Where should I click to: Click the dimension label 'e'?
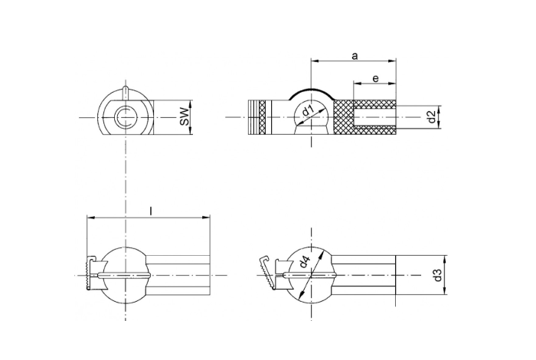coord(375,78)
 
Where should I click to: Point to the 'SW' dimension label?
coord(184,117)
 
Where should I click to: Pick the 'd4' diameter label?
coord(307,262)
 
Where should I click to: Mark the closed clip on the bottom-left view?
coord(90,273)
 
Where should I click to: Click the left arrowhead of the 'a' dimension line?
coord(313,61)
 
